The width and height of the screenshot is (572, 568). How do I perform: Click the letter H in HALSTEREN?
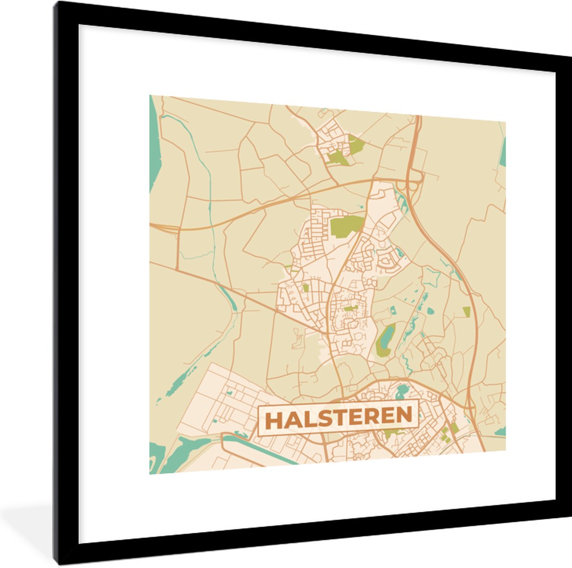coord(274,419)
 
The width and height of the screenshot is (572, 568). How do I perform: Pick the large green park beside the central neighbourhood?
coord(347,225)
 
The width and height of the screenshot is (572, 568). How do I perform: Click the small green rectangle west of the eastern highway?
coord(466,312)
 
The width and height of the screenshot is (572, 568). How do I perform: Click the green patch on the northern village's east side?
coord(356,144)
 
